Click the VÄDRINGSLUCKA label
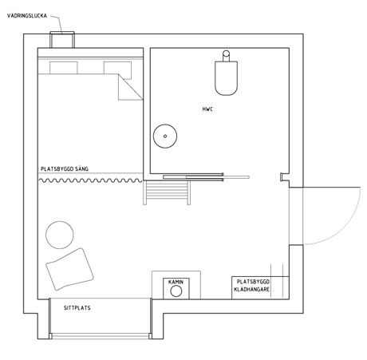[27, 16]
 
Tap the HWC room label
[207, 109]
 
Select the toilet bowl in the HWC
[226, 78]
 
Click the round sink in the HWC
[165, 136]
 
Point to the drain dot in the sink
[165, 136]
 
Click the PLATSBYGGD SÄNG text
[65, 169]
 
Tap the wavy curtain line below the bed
[91, 180]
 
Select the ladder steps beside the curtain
[167, 192]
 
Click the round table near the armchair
[60, 235]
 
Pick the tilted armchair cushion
[69, 269]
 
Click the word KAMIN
[176, 282]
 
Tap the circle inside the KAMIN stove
[176, 291]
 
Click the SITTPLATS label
[77, 308]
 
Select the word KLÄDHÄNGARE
[251, 289]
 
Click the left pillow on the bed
[64, 68]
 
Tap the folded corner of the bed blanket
[130, 87]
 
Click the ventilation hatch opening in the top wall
[62, 40]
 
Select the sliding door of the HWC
[206, 176]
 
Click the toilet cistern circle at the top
[226, 53]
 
